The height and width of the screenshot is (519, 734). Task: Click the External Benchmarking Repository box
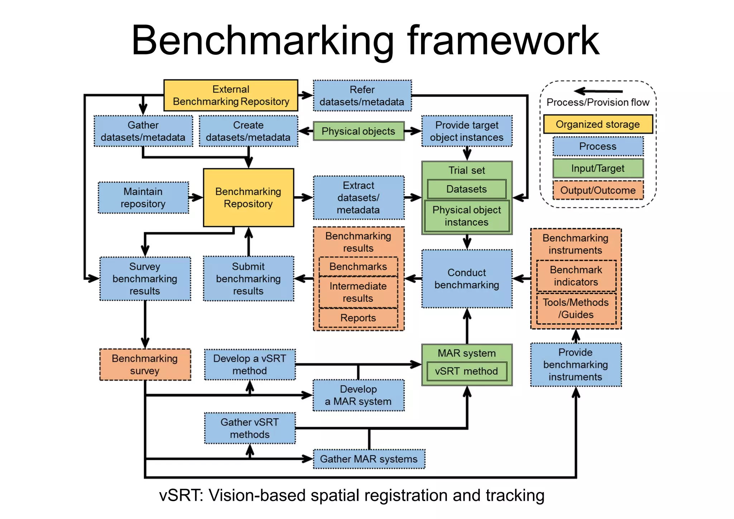point(231,95)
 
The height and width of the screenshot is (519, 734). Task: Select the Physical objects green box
point(358,131)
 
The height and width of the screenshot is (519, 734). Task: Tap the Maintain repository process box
point(143,197)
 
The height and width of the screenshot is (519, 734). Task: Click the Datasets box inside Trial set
point(467,189)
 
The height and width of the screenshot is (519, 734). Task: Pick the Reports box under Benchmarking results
point(358,318)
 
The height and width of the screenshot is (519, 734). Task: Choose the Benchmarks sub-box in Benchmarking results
point(358,266)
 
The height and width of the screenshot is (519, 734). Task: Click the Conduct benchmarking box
point(467,278)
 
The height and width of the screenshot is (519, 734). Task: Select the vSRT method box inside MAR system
point(467,371)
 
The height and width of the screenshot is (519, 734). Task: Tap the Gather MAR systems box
point(369,459)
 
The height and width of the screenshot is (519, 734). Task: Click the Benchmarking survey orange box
point(145,365)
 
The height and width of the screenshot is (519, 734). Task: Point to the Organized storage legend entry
point(598,124)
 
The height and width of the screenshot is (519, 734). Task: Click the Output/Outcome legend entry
point(598,190)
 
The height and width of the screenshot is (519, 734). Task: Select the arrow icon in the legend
point(597,91)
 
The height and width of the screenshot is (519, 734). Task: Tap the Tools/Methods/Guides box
point(576,309)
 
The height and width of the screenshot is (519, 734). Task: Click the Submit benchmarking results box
point(248,278)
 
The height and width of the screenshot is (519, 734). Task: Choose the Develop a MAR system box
point(358,395)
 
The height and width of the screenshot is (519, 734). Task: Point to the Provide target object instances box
point(467,131)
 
